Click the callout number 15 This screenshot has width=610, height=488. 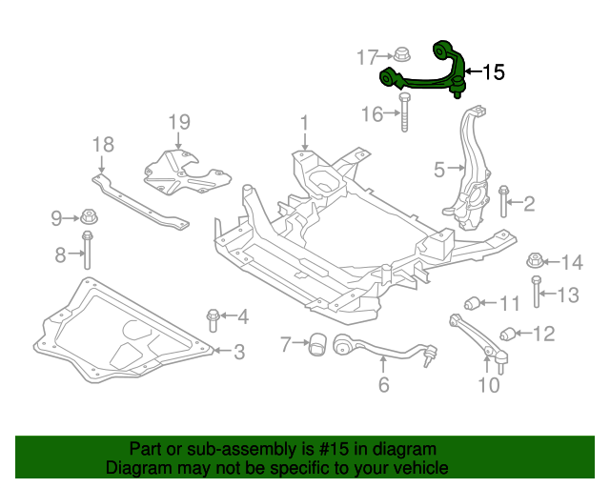click(x=493, y=71)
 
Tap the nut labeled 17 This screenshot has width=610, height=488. click(x=399, y=56)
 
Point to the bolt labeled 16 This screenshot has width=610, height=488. click(x=407, y=114)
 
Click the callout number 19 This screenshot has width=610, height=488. click(x=179, y=122)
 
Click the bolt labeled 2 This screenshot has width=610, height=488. click(x=504, y=200)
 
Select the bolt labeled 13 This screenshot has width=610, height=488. click(x=538, y=293)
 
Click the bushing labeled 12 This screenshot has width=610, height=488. click(x=510, y=333)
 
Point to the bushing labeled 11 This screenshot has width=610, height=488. click(x=473, y=304)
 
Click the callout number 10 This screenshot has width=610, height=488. click(x=488, y=385)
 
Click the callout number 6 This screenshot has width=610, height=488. click(x=384, y=385)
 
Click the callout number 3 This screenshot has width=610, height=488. click(x=238, y=352)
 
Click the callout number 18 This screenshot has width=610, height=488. click(x=103, y=145)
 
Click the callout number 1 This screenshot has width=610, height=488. click(x=304, y=124)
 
